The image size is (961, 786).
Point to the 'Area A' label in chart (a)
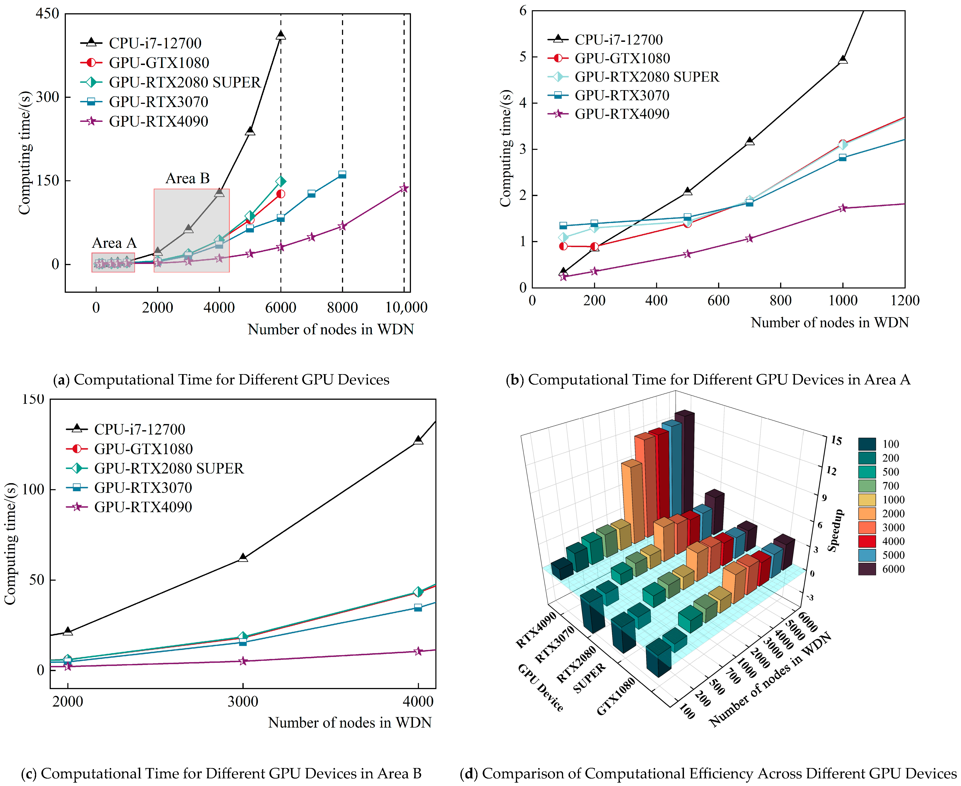[114, 243]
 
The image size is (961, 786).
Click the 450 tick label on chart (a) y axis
[47, 13]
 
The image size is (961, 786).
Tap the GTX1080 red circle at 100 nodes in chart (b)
[563, 246]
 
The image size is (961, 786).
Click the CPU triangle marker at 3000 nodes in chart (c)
[243, 557]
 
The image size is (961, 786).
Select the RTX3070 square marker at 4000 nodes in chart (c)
[418, 608]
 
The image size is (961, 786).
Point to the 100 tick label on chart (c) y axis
[33, 489]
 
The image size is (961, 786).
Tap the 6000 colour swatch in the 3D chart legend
[867, 569]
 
